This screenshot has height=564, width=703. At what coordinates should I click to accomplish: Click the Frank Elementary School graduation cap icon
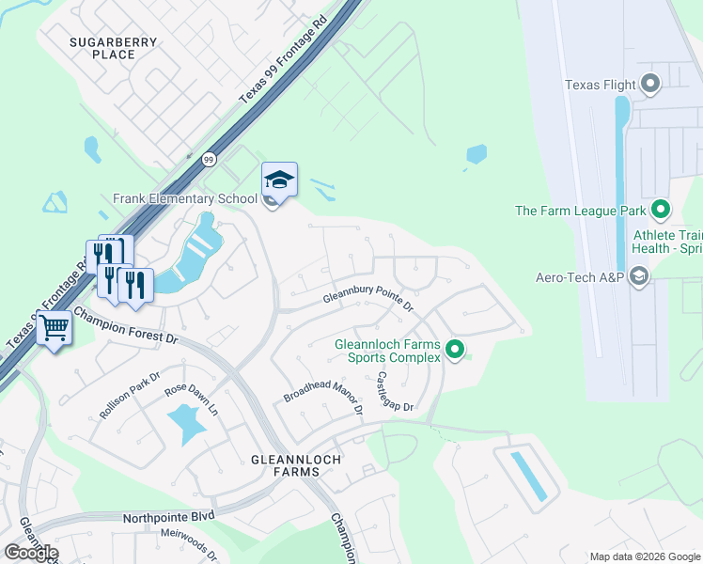click(x=279, y=179)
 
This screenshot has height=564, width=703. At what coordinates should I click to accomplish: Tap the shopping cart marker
click(x=55, y=329)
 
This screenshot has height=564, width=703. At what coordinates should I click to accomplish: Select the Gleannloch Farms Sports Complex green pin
click(x=456, y=351)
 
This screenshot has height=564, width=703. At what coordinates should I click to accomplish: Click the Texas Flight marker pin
click(x=650, y=85)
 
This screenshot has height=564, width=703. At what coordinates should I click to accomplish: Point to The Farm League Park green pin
click(x=661, y=211)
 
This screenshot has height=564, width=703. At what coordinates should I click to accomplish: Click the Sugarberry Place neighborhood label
click(x=102, y=48)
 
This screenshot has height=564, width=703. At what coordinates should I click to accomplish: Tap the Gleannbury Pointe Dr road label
click(x=368, y=299)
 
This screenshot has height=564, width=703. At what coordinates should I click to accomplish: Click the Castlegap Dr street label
click(x=395, y=390)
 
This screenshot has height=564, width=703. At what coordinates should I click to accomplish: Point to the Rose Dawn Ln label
click(x=192, y=399)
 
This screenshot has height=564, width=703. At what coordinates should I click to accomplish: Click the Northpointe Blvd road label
click(x=169, y=517)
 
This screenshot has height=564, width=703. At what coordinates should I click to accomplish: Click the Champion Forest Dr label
click(x=125, y=326)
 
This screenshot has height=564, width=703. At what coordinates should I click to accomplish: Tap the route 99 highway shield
click(x=209, y=160)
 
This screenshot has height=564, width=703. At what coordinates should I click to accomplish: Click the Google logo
click(x=31, y=552)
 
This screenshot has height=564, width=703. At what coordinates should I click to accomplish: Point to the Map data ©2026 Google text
click(x=644, y=556)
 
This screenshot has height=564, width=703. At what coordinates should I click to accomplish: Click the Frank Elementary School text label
click(x=184, y=198)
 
